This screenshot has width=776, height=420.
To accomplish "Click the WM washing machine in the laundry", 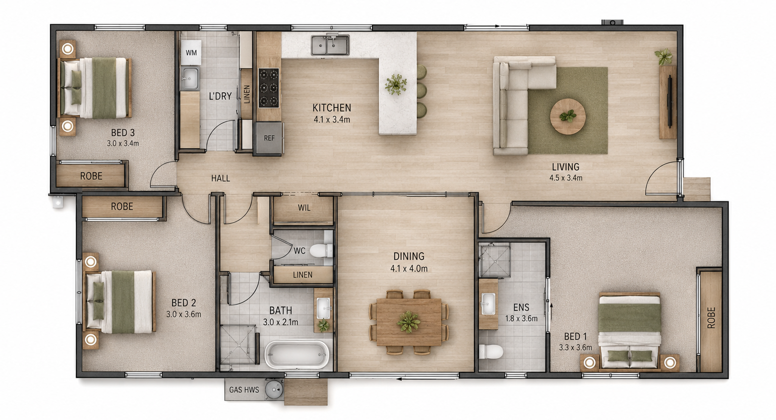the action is click(191, 53).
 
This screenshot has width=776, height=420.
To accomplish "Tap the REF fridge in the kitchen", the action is click(269, 138).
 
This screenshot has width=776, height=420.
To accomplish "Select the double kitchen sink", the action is click(330, 45).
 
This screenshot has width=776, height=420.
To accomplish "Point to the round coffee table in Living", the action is click(568, 117).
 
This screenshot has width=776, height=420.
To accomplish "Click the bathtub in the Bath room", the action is click(297, 355).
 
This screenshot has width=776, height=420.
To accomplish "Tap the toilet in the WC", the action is click(321, 250).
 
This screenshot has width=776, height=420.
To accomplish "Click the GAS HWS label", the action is click(244, 390).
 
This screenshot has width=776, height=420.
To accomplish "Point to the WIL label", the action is click(304, 208).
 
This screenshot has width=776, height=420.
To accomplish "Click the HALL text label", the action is click(221, 179).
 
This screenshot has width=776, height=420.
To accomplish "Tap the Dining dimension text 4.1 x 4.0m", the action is click(409, 269).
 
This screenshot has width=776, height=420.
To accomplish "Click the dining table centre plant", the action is click(409, 322).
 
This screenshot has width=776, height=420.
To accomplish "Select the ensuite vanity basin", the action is click(488, 304).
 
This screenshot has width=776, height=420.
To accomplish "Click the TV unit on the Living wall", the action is click(668, 102).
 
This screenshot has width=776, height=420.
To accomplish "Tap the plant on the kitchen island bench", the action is click(396, 84).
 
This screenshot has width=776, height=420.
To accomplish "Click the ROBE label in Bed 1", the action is click(711, 318).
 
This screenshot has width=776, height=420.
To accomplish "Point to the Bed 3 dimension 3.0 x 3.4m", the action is click(123, 143).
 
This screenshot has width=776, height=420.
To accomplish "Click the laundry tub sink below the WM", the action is click(189, 79).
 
